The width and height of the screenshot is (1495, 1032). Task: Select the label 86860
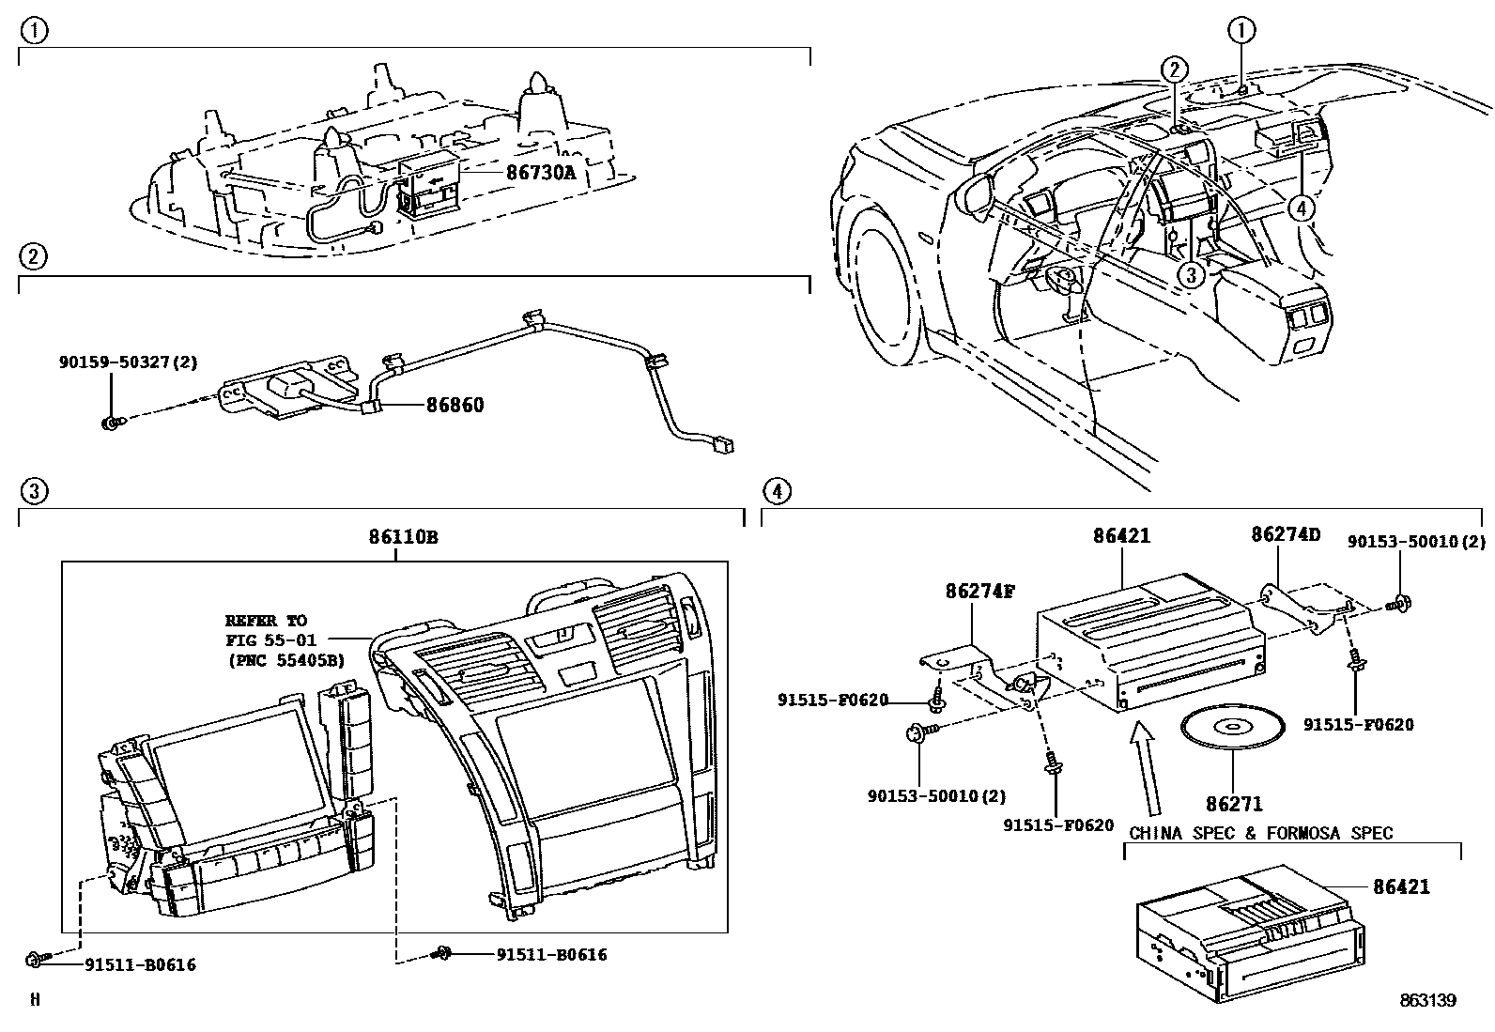455,406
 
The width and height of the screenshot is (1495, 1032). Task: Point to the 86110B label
403,538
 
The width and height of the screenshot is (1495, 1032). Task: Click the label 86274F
979,591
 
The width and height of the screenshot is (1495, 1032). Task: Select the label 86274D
1286,535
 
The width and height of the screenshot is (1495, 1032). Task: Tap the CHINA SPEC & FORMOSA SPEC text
1260,833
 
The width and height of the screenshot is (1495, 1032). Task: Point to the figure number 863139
1427,1001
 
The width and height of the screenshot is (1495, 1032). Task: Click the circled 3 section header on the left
33,490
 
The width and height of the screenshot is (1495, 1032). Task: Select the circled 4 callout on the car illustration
1301,208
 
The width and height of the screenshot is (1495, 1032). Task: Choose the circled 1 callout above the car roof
1241,31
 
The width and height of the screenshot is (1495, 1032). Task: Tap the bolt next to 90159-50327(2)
109,424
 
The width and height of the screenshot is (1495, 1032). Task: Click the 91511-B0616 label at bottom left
141,964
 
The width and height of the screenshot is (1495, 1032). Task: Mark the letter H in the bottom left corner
35,1000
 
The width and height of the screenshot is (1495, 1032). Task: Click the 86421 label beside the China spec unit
1401,886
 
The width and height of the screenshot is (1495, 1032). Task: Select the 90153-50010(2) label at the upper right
1416,542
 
